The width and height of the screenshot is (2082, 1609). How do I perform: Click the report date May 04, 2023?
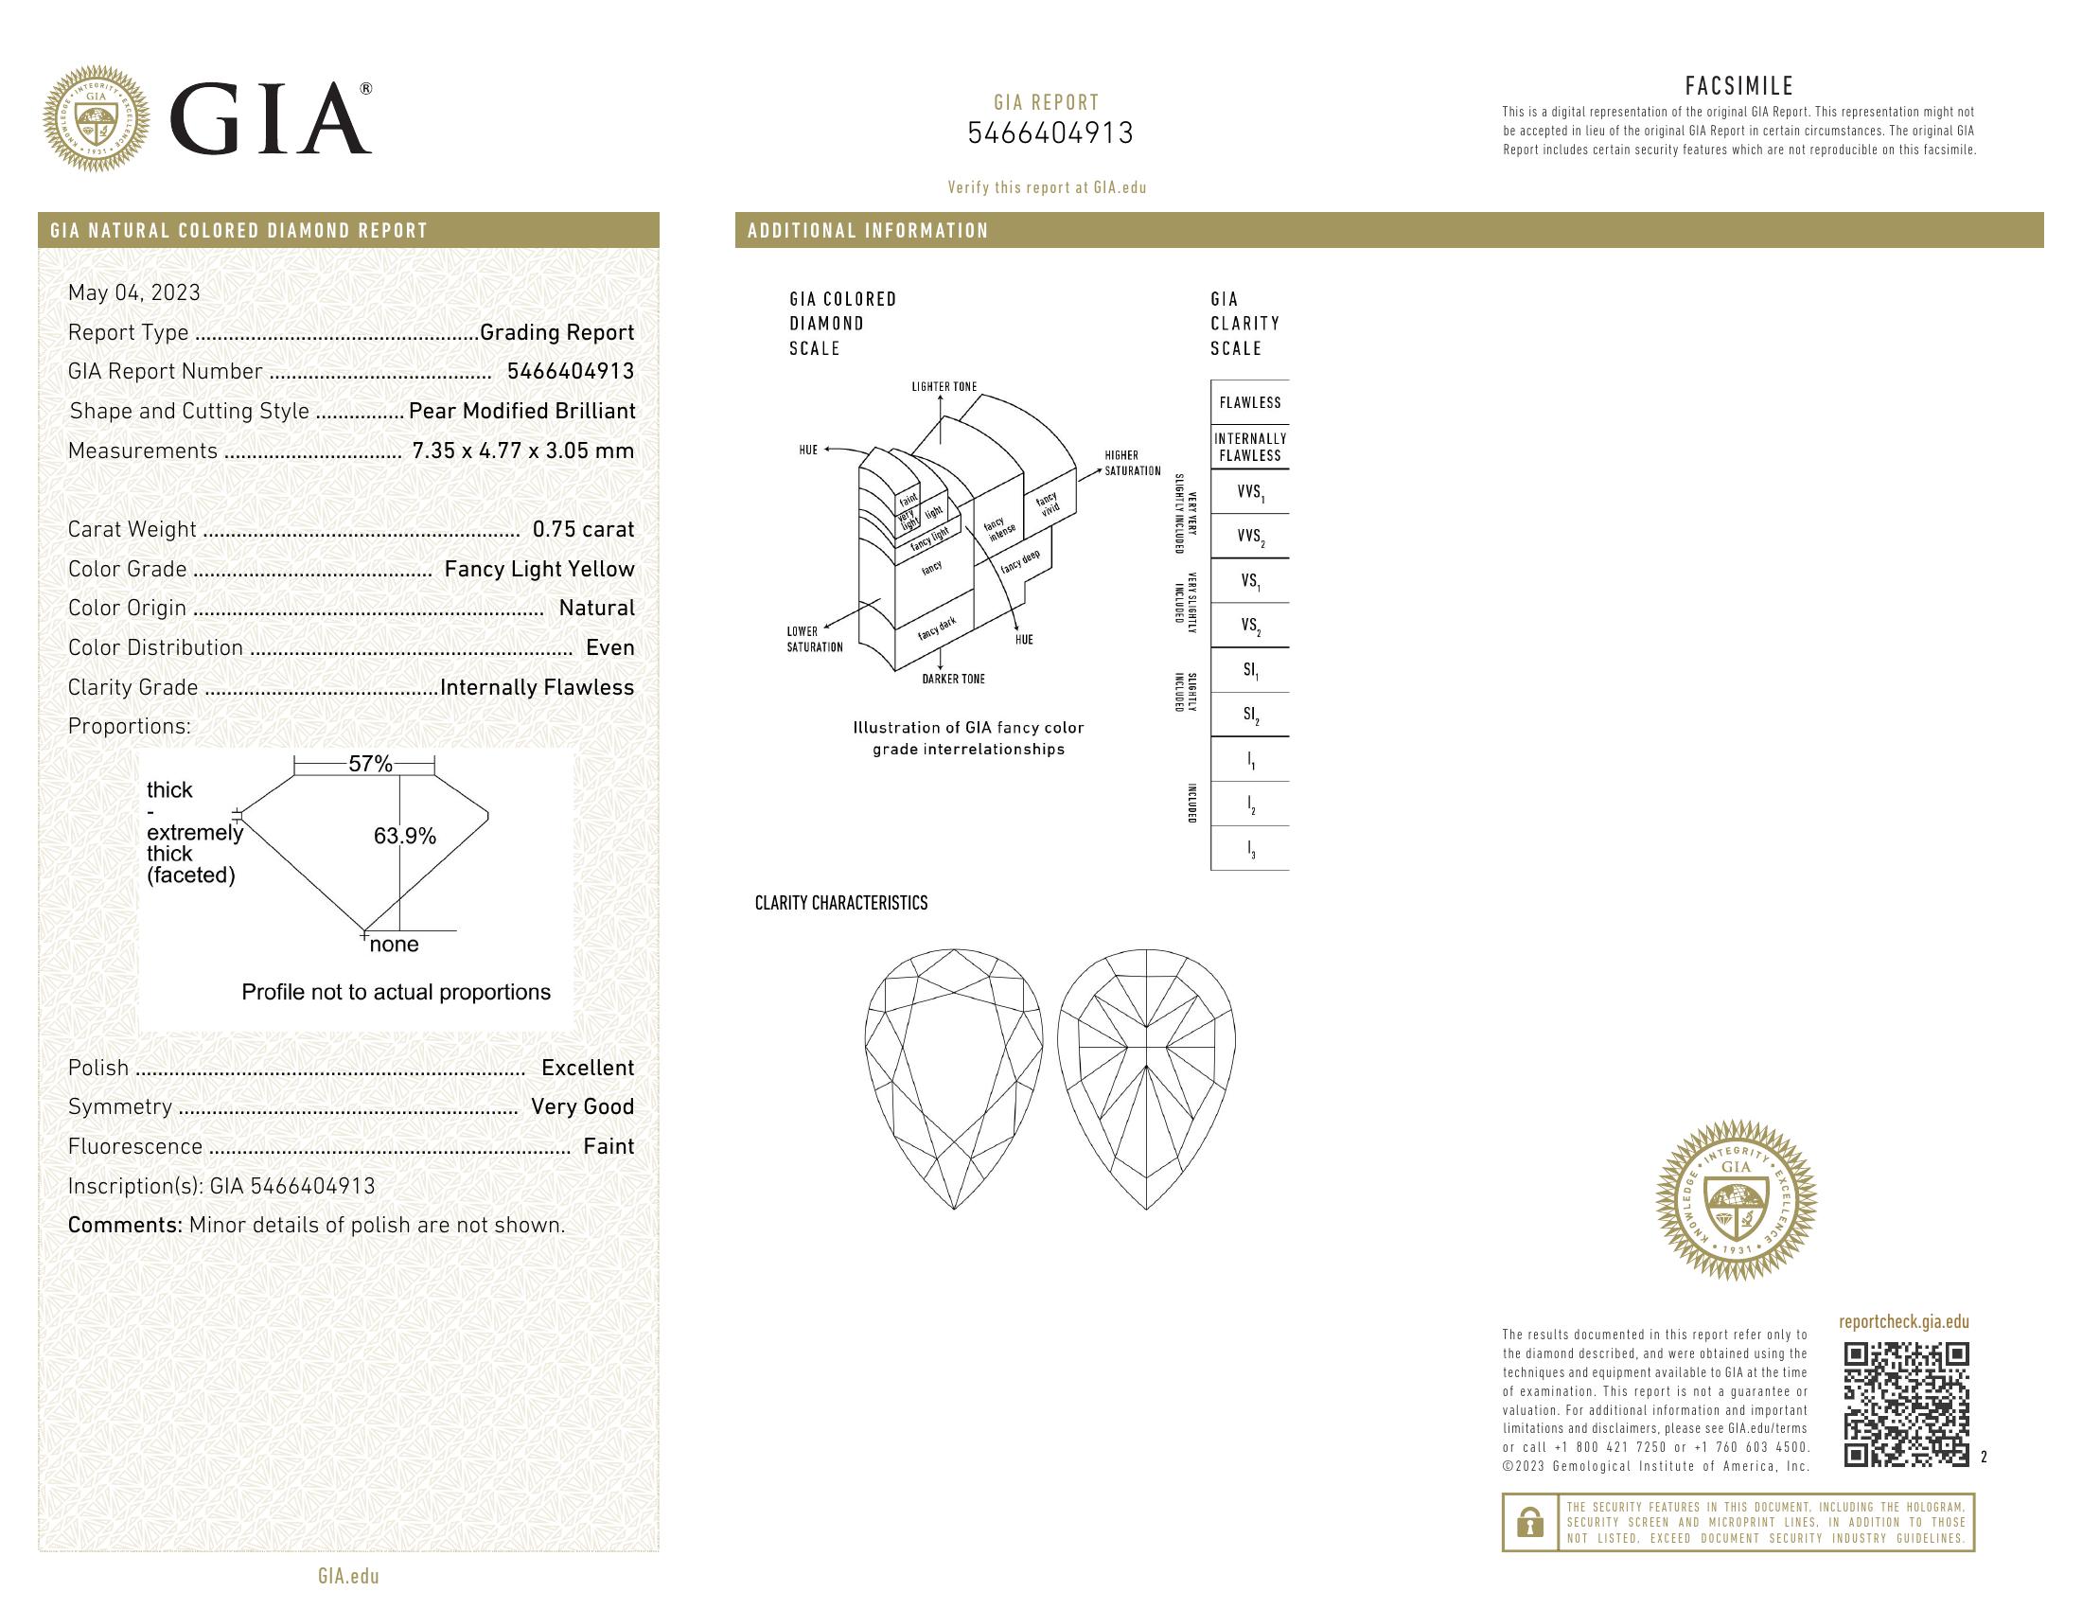tap(134, 292)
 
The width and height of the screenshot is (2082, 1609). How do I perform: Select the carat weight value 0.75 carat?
tap(582, 530)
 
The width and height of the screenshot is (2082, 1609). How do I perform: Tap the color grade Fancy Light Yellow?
tap(538, 569)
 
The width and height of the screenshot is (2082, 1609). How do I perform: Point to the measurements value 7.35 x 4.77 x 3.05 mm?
tap(522, 451)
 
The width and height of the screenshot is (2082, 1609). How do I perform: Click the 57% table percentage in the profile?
tap(370, 764)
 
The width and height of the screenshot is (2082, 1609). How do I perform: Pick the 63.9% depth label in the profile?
tap(404, 836)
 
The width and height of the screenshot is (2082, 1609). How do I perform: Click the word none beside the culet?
tap(394, 945)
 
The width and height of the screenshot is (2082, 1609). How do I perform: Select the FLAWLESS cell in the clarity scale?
tap(1249, 403)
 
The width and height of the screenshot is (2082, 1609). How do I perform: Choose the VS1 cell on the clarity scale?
tap(1249, 580)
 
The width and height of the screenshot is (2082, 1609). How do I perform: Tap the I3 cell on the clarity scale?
tap(1251, 849)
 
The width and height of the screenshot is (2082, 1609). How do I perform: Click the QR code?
tap(1906, 1404)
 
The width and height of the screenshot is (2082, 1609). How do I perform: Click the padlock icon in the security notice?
tap(1530, 1522)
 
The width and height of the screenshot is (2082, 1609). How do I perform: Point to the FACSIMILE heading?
tap(1738, 87)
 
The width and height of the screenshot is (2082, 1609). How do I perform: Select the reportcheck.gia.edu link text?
tap(1903, 1322)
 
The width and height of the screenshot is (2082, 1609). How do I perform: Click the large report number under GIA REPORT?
tap(1050, 133)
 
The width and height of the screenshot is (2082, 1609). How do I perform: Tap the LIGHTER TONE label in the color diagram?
tap(944, 387)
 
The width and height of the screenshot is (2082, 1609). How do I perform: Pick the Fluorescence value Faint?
tap(609, 1147)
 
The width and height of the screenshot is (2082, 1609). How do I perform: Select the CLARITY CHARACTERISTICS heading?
tap(840, 903)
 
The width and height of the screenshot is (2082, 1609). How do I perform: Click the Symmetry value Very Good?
tap(581, 1106)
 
